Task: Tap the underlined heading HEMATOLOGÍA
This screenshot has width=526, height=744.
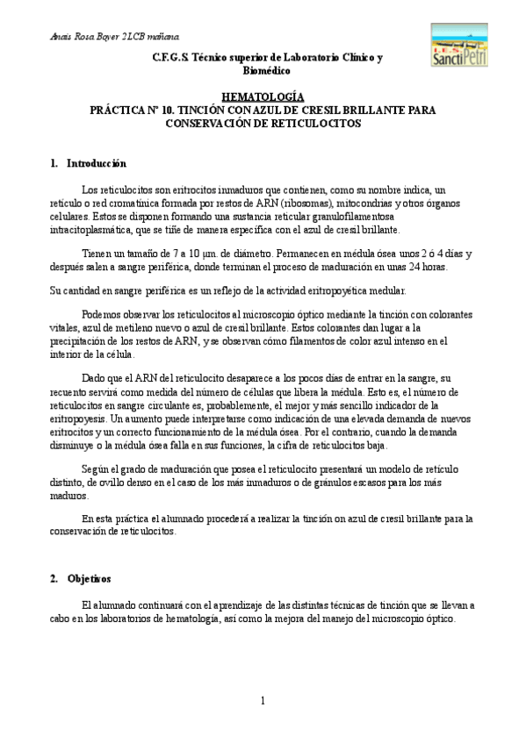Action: tap(263, 97)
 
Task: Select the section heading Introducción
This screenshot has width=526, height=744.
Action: tap(97, 163)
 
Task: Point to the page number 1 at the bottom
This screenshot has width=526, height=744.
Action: tap(262, 700)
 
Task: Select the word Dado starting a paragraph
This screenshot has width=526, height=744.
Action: tap(95, 378)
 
